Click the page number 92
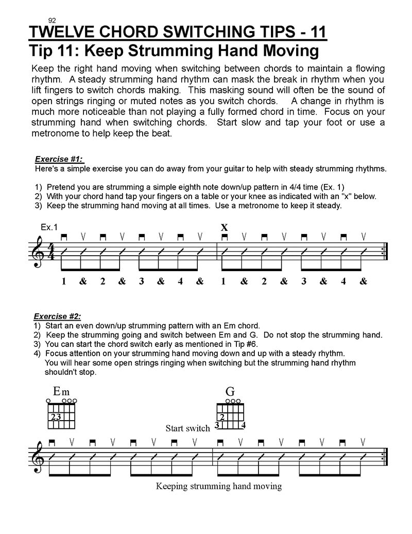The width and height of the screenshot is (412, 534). point(51,20)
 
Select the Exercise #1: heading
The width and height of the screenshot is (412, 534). point(58,159)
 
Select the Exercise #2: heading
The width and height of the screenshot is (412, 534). point(57,316)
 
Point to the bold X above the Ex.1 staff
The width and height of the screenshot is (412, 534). point(224,227)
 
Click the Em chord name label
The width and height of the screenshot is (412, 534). point(61,392)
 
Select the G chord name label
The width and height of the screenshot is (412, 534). point(230,392)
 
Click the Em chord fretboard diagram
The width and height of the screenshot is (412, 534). point(62,414)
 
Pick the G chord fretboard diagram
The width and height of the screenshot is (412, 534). point(230,414)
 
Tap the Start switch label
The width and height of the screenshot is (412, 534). point(187,428)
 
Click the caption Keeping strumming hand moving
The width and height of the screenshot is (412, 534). point(218,486)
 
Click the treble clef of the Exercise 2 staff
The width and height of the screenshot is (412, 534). point(38,457)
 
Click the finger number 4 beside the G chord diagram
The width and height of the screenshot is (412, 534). point(243,425)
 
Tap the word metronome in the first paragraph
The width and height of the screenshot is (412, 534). point(57,133)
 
